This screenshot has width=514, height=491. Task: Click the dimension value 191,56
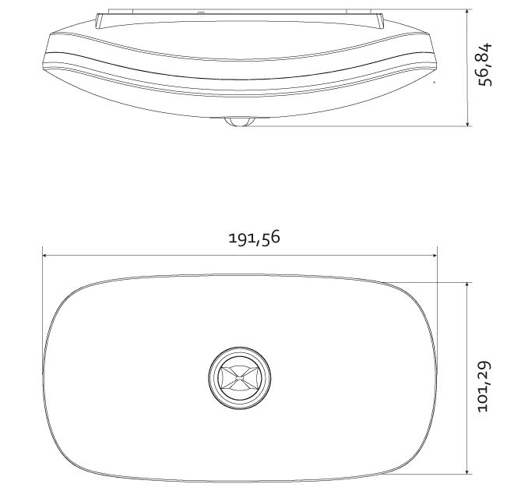pyautogui.click(x=255, y=237)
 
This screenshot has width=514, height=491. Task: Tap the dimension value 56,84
pyautogui.click(x=485, y=64)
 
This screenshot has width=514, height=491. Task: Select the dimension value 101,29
pyautogui.click(x=484, y=387)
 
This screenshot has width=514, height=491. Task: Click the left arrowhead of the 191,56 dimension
pyautogui.click(x=46, y=256)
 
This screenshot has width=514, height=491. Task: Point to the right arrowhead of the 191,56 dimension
pyautogui.click(x=433, y=256)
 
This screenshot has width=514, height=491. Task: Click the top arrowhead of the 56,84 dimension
pyautogui.click(x=467, y=13)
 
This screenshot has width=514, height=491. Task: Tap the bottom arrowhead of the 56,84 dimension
pyautogui.click(x=467, y=122)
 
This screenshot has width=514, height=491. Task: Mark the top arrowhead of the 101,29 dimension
pyautogui.click(x=467, y=286)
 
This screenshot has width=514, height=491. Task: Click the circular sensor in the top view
pyautogui.click(x=240, y=377)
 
